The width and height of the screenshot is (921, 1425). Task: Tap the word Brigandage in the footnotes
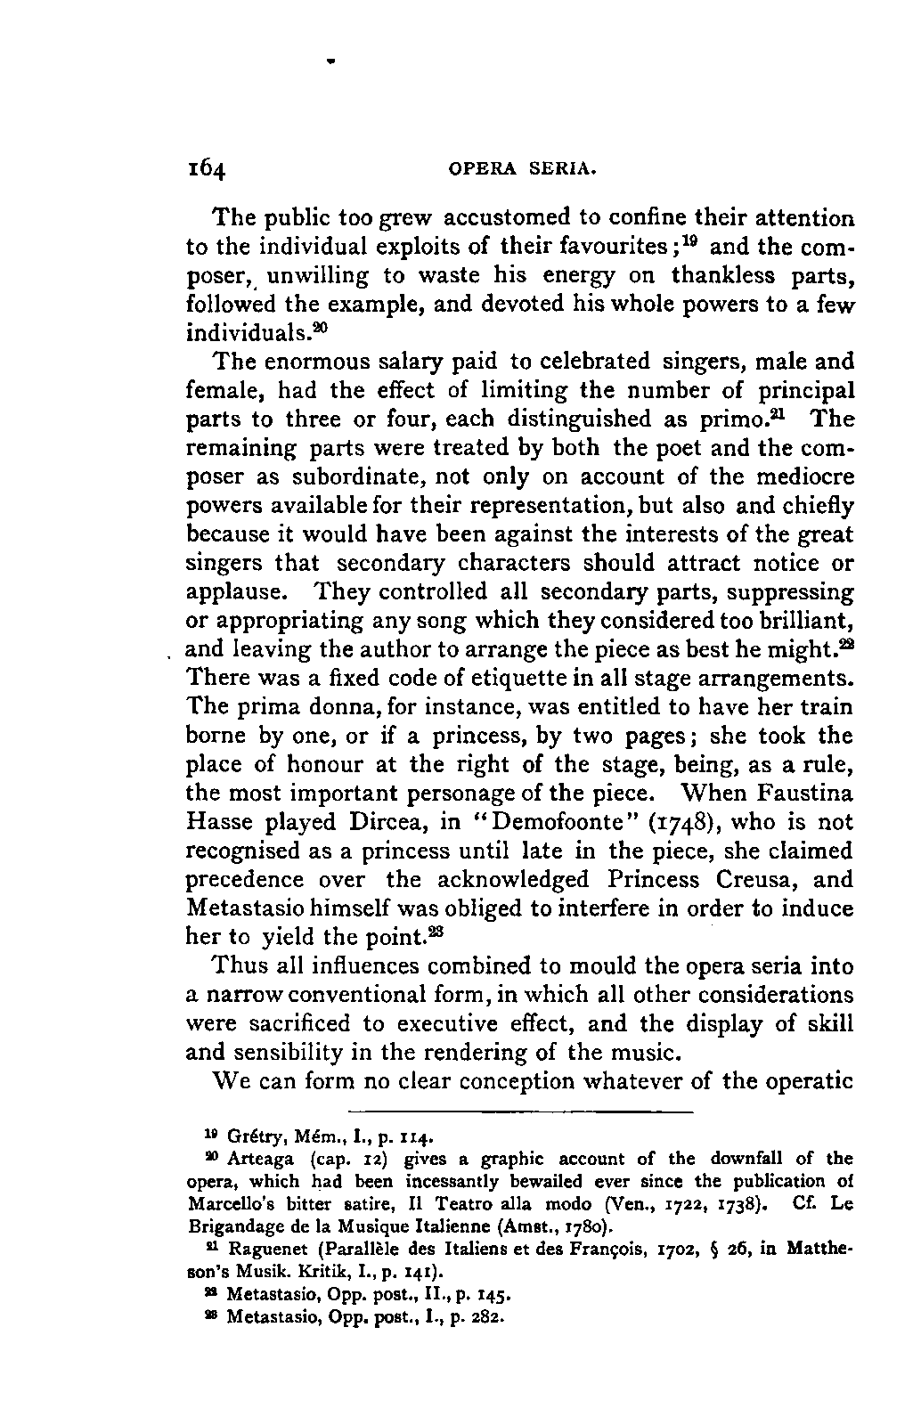(x=229, y=1225)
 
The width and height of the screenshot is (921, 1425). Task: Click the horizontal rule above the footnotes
(x=519, y=1112)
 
